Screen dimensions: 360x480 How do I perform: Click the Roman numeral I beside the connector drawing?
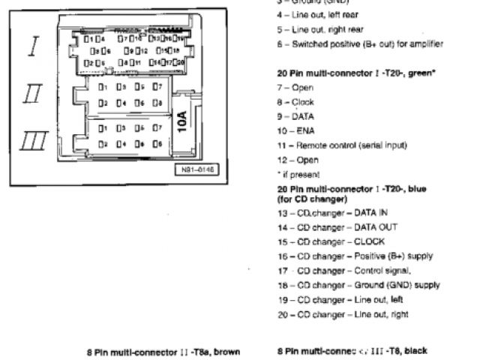33,47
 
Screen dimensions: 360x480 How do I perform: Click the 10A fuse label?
182,120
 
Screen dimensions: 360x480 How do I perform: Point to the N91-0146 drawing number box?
197,170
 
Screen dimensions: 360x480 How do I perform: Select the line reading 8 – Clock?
295,102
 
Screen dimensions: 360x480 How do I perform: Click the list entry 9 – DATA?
295,116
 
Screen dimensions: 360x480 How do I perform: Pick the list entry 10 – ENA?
295,131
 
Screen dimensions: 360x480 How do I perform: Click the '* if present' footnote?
294,174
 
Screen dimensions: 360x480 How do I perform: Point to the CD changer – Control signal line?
344,271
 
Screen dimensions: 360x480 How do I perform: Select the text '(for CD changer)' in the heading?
311,199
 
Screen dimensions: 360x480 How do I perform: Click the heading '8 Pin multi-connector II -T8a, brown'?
163,351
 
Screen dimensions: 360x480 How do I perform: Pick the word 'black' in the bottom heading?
413,351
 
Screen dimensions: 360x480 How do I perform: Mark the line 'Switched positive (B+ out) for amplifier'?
359,44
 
